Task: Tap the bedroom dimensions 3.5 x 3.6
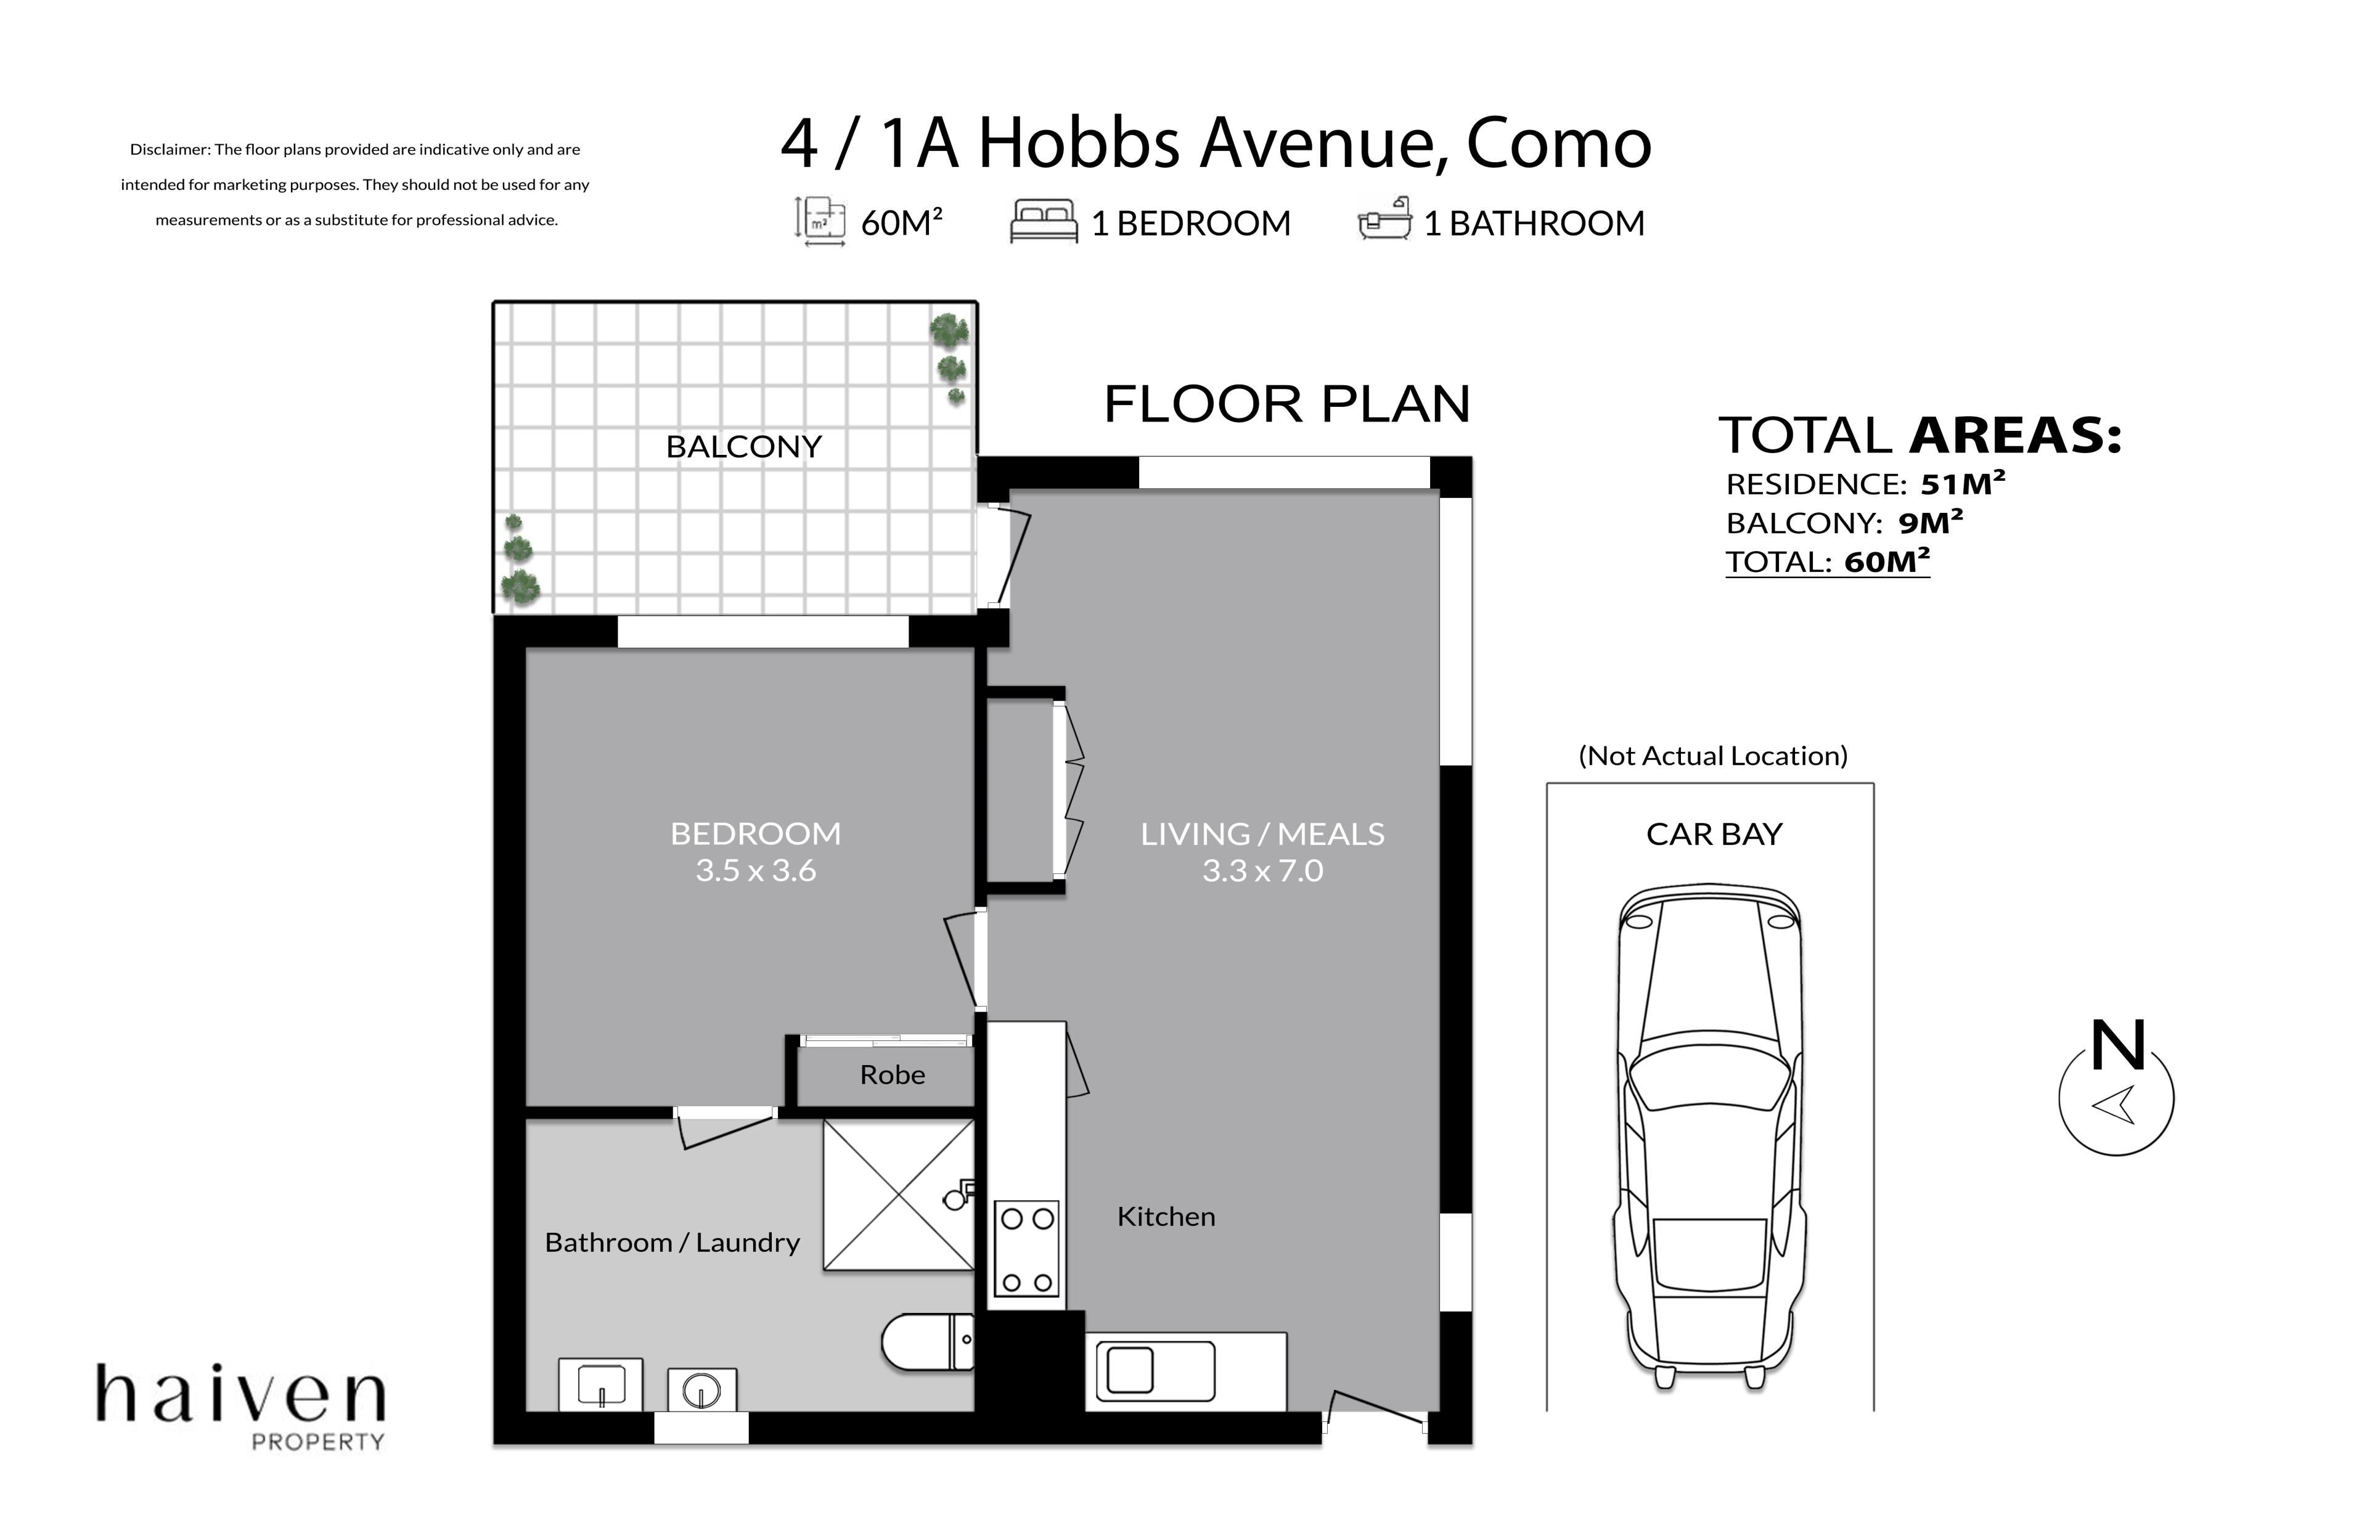pos(755,870)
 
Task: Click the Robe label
pos(892,1074)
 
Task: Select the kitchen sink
pos(1156,1371)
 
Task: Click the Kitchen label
pos(1166,1217)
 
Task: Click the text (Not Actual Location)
pos(1712,756)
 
